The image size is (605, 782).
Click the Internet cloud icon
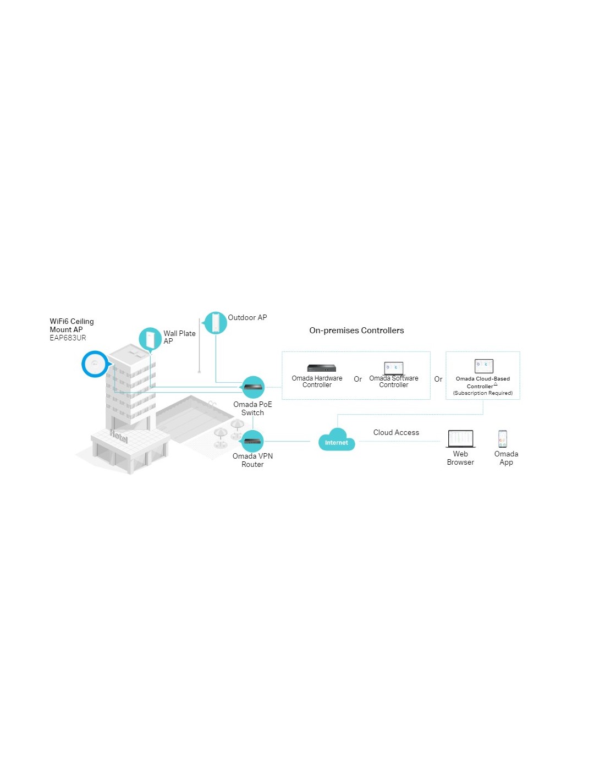coord(336,440)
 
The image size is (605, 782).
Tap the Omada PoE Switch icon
coord(253,387)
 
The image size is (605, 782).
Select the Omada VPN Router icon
coord(252,441)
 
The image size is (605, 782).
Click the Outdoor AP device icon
coord(215,323)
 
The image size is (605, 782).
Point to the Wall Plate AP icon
coord(150,339)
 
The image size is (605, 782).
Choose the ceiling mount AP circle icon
coord(95,364)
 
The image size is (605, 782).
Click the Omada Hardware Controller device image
coord(321,368)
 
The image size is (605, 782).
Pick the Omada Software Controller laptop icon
coord(393,368)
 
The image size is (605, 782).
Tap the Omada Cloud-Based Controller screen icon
coord(483,366)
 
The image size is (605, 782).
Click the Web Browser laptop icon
coord(460,439)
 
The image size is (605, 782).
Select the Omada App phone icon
coord(503,439)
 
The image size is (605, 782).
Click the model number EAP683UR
coord(68,338)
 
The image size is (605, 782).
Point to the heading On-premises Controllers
coord(356,331)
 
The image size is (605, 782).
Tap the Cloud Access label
coord(396,432)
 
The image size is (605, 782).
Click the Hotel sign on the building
coord(118,436)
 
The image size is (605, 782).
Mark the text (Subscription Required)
coord(483,393)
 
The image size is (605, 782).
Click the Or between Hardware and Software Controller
coord(358,379)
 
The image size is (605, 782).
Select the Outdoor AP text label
coord(248,317)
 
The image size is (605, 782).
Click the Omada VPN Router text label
coord(252,460)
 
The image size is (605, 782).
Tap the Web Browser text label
coord(460,458)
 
